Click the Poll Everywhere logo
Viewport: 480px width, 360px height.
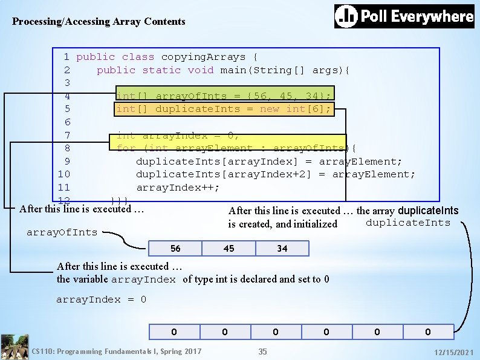[404, 16]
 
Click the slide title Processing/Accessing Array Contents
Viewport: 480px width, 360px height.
[99, 22]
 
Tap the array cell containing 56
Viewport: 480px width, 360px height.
[175, 249]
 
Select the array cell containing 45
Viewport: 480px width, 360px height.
[229, 249]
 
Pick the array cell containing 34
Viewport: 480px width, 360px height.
[282, 249]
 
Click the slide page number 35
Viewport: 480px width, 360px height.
[262, 352]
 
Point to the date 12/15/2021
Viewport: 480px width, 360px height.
[453, 352]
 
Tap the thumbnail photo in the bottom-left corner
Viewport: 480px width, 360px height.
[15, 347]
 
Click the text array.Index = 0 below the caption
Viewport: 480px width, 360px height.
[101, 299]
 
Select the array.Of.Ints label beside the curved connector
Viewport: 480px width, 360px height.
[62, 232]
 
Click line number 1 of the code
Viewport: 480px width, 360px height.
[66, 57]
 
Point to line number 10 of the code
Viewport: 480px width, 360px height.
[63, 174]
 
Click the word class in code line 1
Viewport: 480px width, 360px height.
[138, 57]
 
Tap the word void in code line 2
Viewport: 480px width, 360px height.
[201, 70]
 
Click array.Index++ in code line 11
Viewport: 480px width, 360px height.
[178, 188]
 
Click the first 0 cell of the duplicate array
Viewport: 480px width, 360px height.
[174, 332]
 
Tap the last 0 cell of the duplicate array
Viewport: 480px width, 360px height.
[428, 332]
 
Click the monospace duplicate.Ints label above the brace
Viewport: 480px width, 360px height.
[417, 223]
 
